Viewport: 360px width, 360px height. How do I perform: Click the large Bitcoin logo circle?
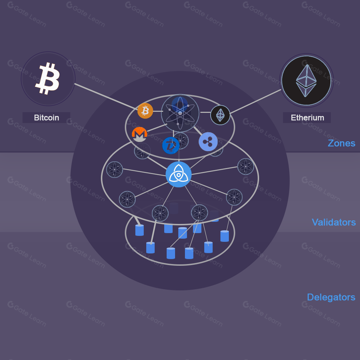(48, 79)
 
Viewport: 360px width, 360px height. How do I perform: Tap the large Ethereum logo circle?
(306, 81)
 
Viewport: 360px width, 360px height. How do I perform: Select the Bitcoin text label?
(46, 118)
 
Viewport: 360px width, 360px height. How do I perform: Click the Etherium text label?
(307, 118)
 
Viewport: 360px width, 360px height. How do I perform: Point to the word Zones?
(341, 143)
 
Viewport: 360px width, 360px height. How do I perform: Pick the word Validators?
(334, 222)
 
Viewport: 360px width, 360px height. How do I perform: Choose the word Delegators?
(331, 297)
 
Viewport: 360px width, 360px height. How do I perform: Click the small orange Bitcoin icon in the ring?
(145, 111)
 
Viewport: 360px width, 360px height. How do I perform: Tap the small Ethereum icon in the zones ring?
(220, 115)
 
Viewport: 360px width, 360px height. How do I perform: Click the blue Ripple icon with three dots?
(208, 142)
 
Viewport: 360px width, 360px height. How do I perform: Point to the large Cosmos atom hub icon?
(180, 113)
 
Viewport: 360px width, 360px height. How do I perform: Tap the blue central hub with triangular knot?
(179, 174)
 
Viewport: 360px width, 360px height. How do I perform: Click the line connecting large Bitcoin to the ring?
(105, 96)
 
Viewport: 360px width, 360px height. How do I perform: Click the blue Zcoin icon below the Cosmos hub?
(171, 145)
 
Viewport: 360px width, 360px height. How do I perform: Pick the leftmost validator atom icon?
(115, 169)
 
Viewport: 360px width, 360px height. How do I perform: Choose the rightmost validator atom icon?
(245, 167)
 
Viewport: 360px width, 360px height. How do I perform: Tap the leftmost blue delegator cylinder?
(140, 230)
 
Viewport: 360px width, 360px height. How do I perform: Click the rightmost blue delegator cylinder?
(225, 236)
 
